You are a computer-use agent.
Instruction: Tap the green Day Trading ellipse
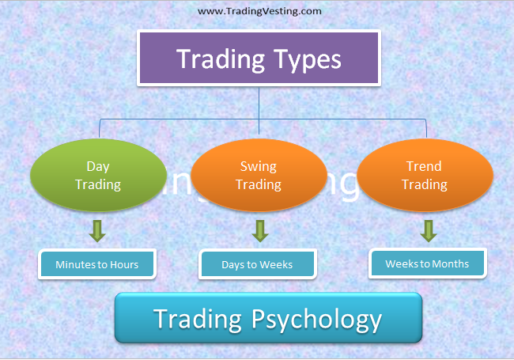[x=98, y=176]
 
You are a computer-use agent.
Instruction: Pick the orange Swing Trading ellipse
[x=259, y=176]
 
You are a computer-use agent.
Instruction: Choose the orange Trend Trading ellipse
[x=425, y=176]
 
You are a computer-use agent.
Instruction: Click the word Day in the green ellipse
[x=98, y=166]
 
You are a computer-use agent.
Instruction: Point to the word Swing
[x=259, y=166]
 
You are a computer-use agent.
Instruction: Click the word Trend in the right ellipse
[x=425, y=166]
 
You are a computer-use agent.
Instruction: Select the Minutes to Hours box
[x=96, y=264]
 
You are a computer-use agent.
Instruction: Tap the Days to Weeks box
[x=258, y=264]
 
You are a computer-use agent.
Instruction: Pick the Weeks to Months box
[x=427, y=263]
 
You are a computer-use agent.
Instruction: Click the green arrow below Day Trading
[x=98, y=231]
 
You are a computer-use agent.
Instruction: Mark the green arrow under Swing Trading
[x=259, y=231]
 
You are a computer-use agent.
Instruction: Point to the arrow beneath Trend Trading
[x=428, y=231]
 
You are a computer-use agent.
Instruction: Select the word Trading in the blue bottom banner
[x=198, y=319]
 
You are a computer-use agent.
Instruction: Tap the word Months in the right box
[x=449, y=263]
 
